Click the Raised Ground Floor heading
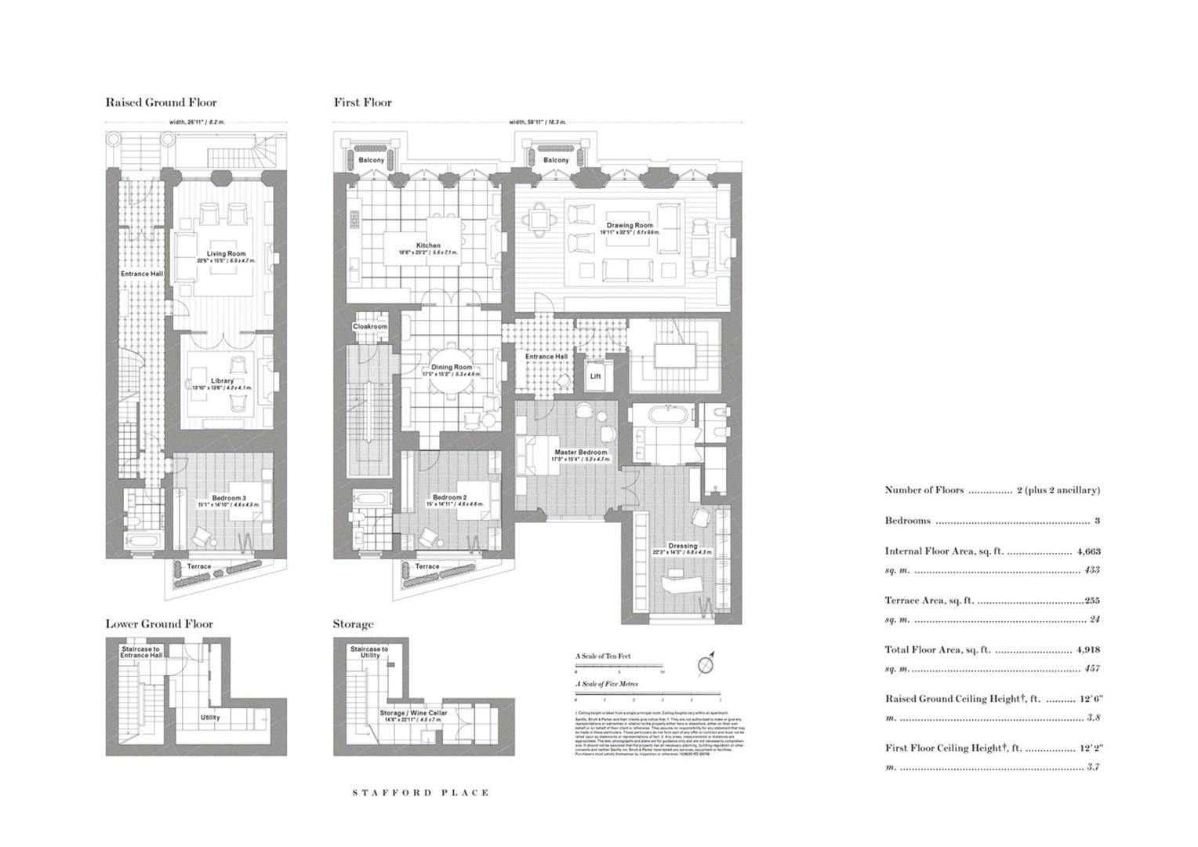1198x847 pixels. click(x=161, y=102)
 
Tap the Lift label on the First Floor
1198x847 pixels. click(x=595, y=376)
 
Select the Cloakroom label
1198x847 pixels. click(x=369, y=326)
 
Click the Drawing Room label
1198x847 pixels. click(x=630, y=225)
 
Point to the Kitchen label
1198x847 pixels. click(x=428, y=245)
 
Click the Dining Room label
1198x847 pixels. click(x=452, y=367)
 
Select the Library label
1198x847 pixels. click(x=222, y=381)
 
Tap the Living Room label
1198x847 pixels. click(x=226, y=253)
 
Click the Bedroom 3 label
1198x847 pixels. click(x=229, y=498)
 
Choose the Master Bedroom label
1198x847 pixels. click(x=580, y=453)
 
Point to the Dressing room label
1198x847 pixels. click(x=682, y=546)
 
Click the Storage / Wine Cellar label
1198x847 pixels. click(x=413, y=713)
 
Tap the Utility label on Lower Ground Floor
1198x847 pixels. click(x=210, y=717)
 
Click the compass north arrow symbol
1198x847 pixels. click(x=707, y=663)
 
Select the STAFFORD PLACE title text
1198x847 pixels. click(x=420, y=793)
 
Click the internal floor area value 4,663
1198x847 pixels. click(x=1088, y=551)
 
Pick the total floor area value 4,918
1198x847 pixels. click(x=1088, y=650)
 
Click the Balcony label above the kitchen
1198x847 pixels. click(x=372, y=160)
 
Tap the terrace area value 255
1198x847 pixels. click(x=1091, y=601)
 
